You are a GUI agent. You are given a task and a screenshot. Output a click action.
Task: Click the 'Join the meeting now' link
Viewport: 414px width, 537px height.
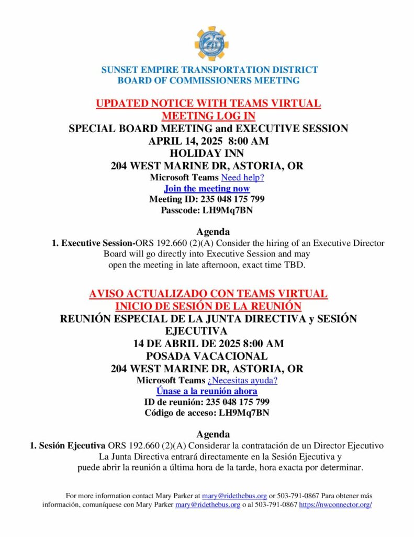[x=207, y=188]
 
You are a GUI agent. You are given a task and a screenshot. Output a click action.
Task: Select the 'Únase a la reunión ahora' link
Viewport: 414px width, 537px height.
[x=207, y=391]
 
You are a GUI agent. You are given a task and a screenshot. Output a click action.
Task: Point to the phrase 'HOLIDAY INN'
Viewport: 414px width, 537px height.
[x=207, y=154]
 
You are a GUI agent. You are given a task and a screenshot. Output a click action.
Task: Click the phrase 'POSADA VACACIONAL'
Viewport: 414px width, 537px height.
[x=207, y=356]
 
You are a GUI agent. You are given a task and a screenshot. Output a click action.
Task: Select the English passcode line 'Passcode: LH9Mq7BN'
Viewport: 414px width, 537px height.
[x=207, y=210]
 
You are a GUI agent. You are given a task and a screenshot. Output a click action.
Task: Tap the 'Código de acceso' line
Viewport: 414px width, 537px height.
[x=207, y=413]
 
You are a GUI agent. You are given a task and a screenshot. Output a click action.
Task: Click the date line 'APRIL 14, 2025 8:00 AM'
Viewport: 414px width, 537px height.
[x=207, y=141]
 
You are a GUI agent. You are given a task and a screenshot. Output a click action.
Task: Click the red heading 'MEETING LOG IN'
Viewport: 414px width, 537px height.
[x=208, y=115]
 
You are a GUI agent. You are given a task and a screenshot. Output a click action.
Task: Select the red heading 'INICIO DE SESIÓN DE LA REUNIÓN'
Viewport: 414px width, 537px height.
[x=208, y=306]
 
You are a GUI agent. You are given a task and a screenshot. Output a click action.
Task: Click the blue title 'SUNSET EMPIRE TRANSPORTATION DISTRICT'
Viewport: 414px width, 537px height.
[x=209, y=70]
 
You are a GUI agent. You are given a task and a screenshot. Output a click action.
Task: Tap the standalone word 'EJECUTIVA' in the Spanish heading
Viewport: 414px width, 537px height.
[x=196, y=331]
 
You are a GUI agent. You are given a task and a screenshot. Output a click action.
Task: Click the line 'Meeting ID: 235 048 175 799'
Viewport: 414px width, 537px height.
[x=207, y=199]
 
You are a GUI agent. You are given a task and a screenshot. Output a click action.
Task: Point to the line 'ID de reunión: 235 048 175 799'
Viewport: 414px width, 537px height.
[x=207, y=402]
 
